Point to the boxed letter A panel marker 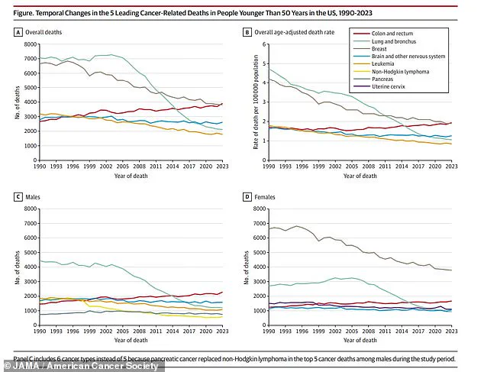coord(18,32)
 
